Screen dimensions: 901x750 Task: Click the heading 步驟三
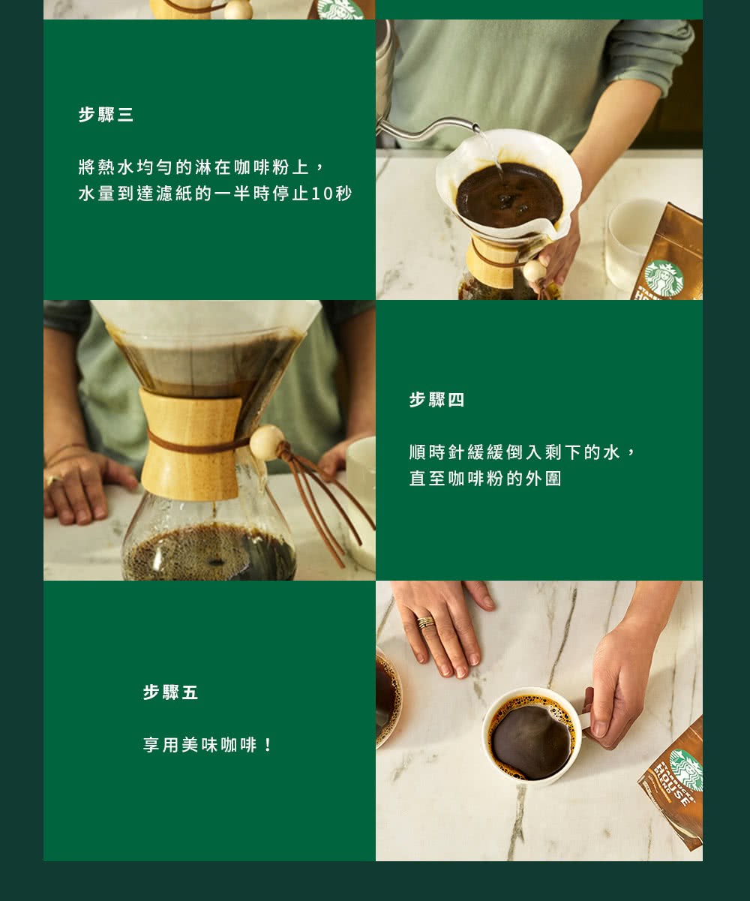(x=106, y=115)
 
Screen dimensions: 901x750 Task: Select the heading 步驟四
(x=436, y=400)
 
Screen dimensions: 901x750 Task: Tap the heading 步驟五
(x=170, y=692)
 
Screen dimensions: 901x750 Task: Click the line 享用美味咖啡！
(x=209, y=745)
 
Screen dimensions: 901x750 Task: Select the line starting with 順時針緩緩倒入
(x=523, y=452)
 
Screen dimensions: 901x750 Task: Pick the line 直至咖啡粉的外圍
(x=485, y=479)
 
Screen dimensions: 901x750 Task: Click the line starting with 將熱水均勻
(x=200, y=167)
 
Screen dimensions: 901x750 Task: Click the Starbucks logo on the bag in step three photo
(x=663, y=278)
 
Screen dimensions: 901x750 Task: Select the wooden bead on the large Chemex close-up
(x=266, y=443)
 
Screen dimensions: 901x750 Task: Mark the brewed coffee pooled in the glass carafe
(x=210, y=554)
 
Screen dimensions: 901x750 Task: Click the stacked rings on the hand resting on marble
(x=425, y=622)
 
